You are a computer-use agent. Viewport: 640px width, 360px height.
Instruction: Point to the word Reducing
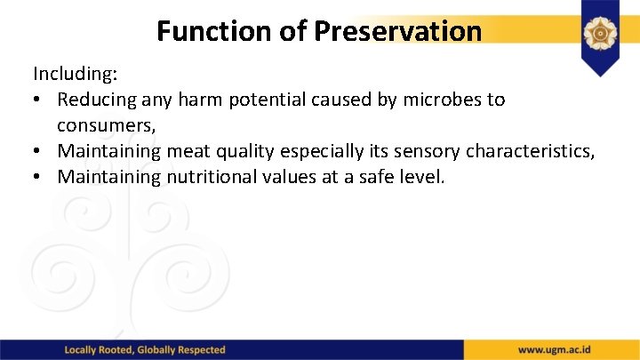pyautogui.click(x=98, y=100)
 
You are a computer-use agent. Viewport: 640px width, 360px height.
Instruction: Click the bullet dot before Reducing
pyautogui.click(x=39, y=100)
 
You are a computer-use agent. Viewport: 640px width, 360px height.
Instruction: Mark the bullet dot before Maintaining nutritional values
pyautogui.click(x=39, y=177)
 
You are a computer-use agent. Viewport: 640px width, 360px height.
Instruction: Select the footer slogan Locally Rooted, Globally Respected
pyautogui.click(x=145, y=350)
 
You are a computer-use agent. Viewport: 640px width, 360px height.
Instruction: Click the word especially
pyautogui.click(x=308, y=151)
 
